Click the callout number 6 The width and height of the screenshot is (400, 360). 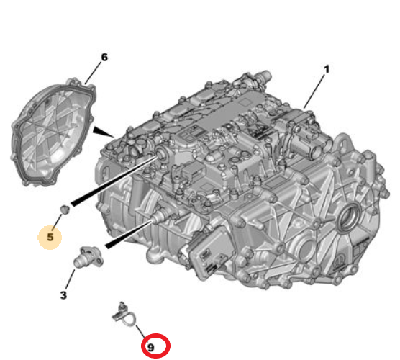coord(104,57)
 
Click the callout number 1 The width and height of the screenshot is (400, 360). coord(326,69)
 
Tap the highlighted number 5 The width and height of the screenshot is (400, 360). coord(50,237)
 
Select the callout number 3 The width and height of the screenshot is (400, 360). coord(63,295)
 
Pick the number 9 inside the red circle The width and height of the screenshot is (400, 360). coord(151,347)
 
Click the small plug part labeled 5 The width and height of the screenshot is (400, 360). coord(65,209)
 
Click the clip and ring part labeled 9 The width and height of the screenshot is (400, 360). coord(124,315)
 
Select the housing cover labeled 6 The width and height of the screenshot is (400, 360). coord(53,132)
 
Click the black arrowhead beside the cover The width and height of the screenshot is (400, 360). coord(102,131)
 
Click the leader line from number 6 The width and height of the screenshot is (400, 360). coord(93,73)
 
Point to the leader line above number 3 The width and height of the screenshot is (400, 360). coord(70,279)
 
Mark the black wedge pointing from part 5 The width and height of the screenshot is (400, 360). coord(114,180)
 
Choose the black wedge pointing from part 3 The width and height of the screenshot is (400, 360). coord(128,234)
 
